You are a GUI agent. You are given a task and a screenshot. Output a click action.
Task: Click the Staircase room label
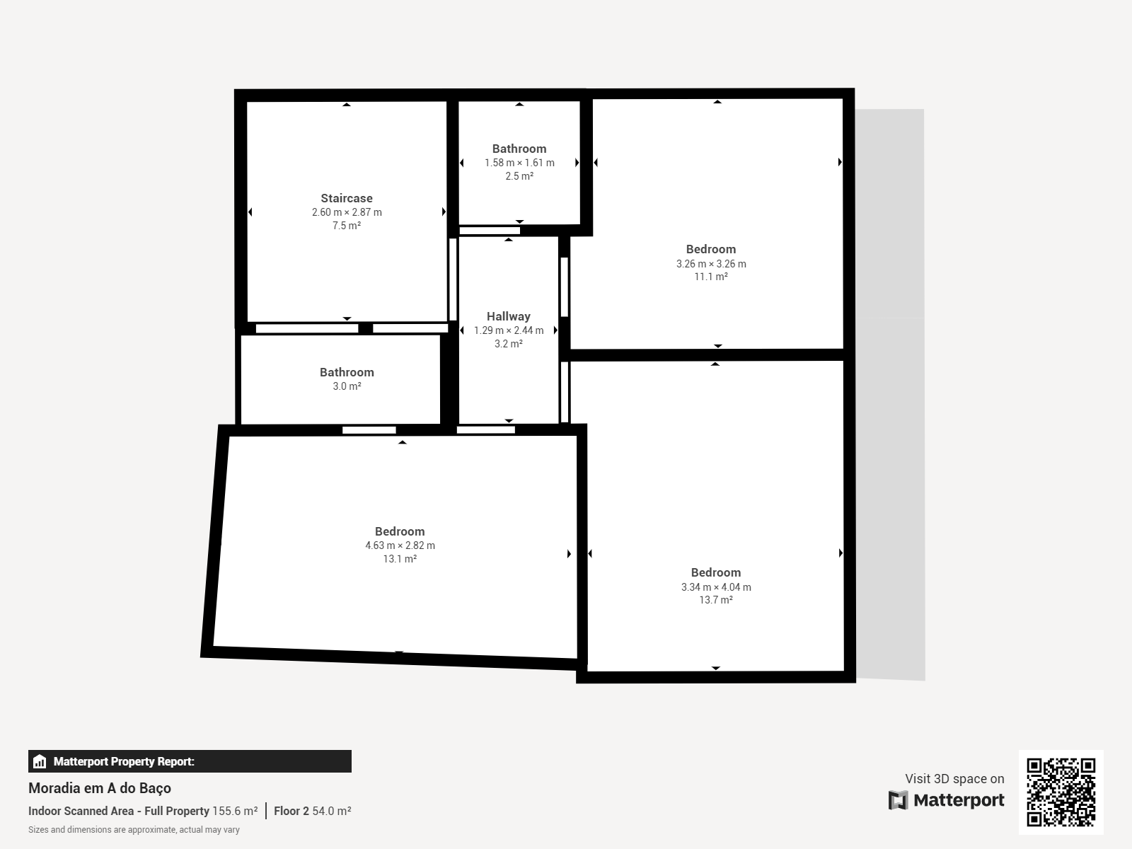pos(347,199)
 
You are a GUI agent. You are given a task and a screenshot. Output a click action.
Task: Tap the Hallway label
pos(509,316)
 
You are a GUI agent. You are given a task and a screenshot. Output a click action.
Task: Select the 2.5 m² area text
pos(519,175)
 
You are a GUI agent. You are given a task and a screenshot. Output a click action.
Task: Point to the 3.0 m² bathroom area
pos(347,386)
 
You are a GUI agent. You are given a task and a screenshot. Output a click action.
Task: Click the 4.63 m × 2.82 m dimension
pos(400,545)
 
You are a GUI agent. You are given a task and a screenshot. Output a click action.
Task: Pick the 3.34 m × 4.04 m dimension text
pos(716,587)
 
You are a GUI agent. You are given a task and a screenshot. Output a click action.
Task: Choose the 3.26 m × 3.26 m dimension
pos(711,264)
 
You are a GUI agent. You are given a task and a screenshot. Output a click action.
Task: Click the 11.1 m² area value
pos(711,277)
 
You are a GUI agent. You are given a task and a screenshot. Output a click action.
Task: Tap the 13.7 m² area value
pos(716,600)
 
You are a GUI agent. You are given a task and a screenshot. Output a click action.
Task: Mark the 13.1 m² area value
pos(400,559)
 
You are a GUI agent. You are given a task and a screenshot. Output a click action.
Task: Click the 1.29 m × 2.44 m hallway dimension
pos(509,330)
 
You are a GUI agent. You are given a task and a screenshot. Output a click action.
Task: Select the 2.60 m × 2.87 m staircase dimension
pos(347,212)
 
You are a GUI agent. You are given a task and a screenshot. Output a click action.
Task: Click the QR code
pos(1061,792)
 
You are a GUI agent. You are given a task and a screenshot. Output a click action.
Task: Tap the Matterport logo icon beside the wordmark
pos(898,800)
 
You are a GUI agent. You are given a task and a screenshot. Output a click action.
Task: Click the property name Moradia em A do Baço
pos(100,788)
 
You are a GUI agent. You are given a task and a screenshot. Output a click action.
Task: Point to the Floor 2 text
pos(291,811)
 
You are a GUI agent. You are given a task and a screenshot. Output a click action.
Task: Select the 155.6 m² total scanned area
pos(235,811)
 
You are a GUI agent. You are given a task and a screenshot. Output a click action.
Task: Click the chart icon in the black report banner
pos(40,761)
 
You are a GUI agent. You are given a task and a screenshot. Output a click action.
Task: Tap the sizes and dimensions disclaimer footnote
pos(134,830)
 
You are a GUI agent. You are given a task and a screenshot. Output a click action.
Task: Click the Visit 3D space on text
pos(954,779)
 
